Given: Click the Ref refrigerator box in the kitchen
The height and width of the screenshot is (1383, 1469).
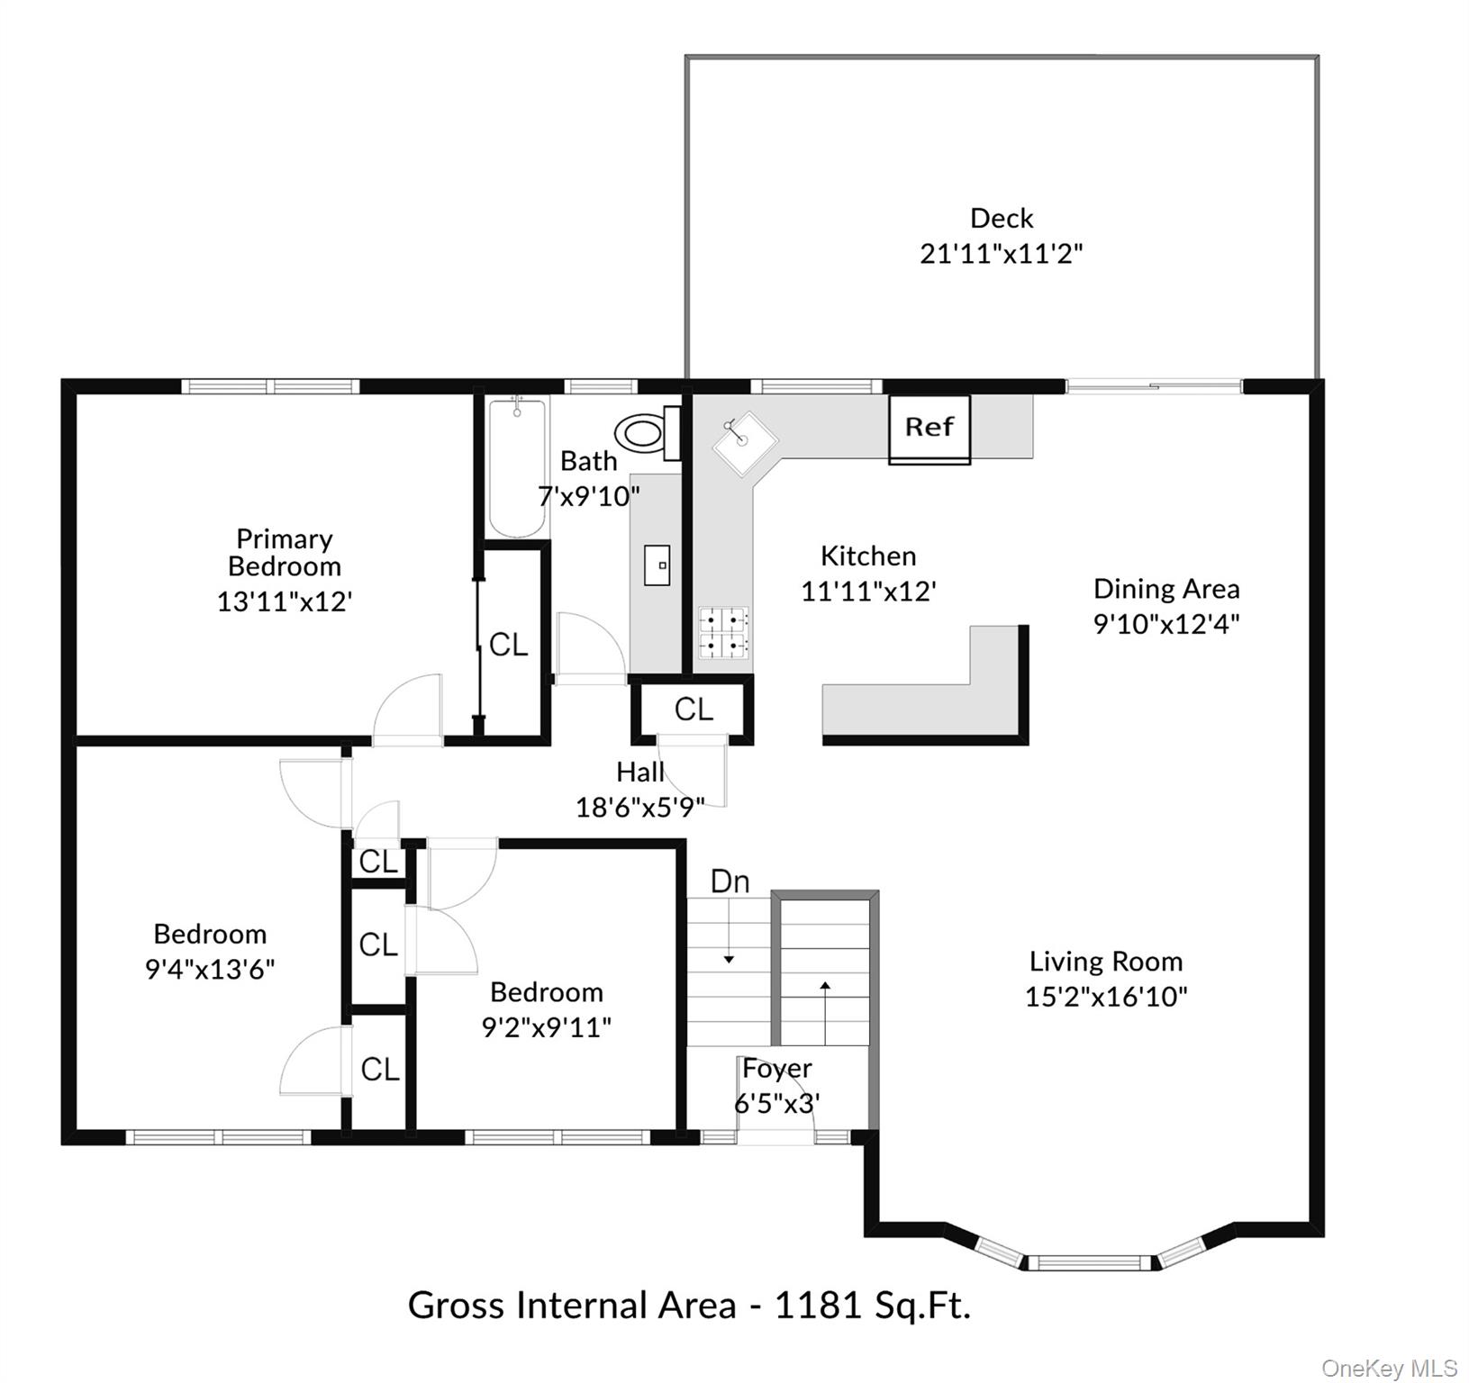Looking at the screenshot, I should pyautogui.click(x=929, y=428).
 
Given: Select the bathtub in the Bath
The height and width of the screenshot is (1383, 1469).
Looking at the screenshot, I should pyautogui.click(x=517, y=466).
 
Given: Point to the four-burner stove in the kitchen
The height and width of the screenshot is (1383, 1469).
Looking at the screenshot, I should pyautogui.click(x=723, y=632).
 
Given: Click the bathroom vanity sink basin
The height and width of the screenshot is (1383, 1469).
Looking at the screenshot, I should pyautogui.click(x=657, y=565).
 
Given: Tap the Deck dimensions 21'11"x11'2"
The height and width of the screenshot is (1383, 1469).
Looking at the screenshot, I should pyautogui.click(x=1001, y=254).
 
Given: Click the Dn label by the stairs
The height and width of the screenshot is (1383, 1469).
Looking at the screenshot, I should pyautogui.click(x=730, y=881).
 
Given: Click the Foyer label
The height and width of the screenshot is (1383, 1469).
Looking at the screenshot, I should pyautogui.click(x=776, y=1069).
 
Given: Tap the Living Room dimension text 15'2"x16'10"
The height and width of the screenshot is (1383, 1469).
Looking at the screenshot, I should pyautogui.click(x=1106, y=997).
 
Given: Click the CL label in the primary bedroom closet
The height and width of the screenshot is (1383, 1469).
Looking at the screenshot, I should pyautogui.click(x=508, y=645).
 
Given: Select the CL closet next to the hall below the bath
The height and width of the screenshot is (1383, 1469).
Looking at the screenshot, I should pyautogui.click(x=694, y=710).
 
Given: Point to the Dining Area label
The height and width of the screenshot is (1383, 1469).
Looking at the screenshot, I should pyautogui.click(x=1166, y=589).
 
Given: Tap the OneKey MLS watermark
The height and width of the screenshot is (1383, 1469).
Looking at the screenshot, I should pyautogui.click(x=1389, y=1369).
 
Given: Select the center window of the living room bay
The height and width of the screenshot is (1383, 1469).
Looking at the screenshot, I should pyautogui.click(x=1090, y=1262).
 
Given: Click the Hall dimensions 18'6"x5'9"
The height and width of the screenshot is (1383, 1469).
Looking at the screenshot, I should pyautogui.click(x=639, y=807).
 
